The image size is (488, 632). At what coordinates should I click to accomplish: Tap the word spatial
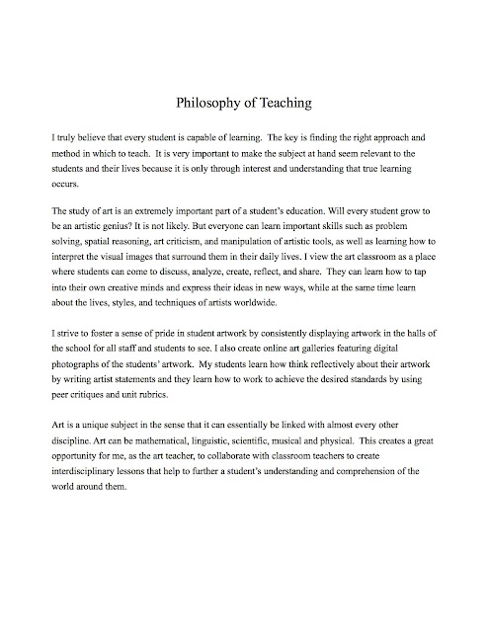point(108,241)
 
